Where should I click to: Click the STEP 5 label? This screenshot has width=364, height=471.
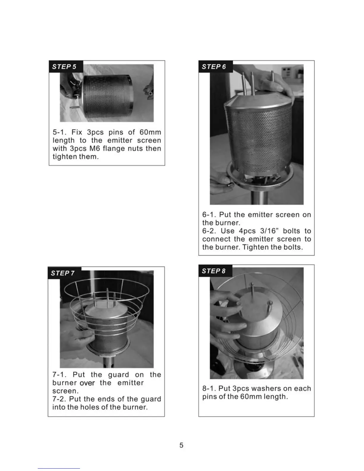(x=64, y=67)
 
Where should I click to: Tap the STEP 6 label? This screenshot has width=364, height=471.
(x=214, y=67)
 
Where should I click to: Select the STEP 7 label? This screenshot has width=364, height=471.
(x=63, y=273)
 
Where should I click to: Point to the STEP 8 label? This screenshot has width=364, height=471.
(x=214, y=271)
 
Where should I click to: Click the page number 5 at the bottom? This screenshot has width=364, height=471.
(x=181, y=445)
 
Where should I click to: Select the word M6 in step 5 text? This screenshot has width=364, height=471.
(x=95, y=148)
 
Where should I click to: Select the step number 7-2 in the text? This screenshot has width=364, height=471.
(x=59, y=399)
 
